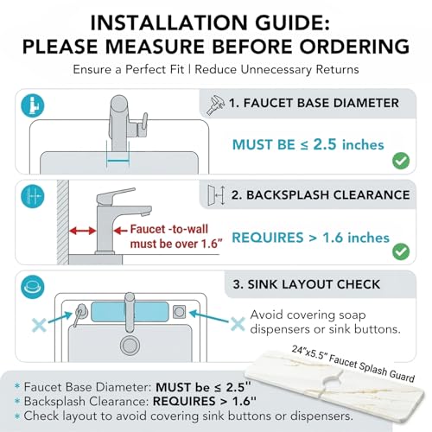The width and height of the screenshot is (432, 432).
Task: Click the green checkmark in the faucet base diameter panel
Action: click(401, 161)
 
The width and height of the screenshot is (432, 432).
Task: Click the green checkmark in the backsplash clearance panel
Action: click(401, 251)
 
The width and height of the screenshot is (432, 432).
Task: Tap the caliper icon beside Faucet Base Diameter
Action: click(215, 105)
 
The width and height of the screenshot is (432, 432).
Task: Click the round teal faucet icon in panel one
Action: click(33, 105)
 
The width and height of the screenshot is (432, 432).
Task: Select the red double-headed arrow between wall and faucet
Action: click(82, 231)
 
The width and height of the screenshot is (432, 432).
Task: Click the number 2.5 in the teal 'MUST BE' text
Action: click(325, 144)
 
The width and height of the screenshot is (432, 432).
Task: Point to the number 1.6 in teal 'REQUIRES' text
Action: click(333, 238)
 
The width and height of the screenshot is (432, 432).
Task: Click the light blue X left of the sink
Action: click(39, 326)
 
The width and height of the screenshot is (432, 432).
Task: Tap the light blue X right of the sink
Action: click(238, 324)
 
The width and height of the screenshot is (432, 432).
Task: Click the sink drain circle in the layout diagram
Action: click(130, 345)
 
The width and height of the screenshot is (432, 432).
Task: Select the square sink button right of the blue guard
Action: click(179, 312)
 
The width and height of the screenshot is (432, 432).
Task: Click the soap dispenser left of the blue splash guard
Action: click(79, 314)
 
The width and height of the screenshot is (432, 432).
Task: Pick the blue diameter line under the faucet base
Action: click(118, 162)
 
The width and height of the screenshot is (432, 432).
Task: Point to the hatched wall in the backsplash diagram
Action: click(63, 222)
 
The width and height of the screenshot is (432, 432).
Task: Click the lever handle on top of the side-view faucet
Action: click(115, 195)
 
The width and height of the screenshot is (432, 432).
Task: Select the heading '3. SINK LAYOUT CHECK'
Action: click(307, 284)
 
